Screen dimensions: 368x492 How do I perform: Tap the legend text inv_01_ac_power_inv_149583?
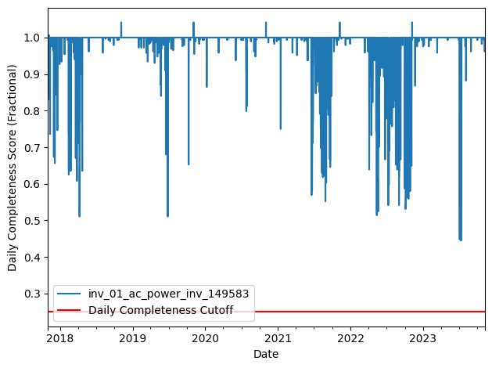pyautogui.click(x=169, y=294)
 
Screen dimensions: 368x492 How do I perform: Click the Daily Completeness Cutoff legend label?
pyautogui.click(x=171, y=310)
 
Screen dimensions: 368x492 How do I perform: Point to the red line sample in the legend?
pyautogui.click(x=71, y=311)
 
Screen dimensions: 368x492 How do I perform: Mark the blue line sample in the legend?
pyautogui.click(x=71, y=294)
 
